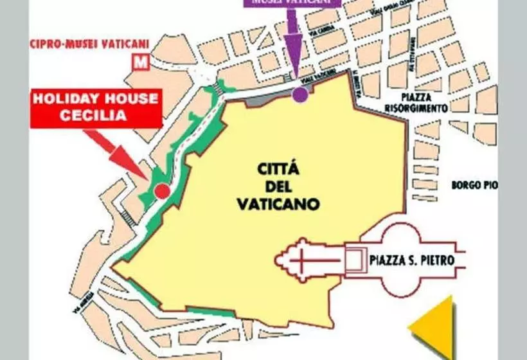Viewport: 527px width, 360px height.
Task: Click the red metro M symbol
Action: pos(138,62)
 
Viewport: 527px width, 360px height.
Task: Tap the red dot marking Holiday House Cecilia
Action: pos(162,191)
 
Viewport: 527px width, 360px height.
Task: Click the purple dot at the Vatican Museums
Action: pos(299,94)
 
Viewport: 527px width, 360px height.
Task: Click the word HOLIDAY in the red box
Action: pos(66,100)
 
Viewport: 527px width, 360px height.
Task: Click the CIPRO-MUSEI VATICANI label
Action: pos(90,44)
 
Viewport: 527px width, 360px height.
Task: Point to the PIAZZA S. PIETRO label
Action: pos(412,261)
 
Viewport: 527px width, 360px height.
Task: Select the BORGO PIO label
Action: pos(474,185)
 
